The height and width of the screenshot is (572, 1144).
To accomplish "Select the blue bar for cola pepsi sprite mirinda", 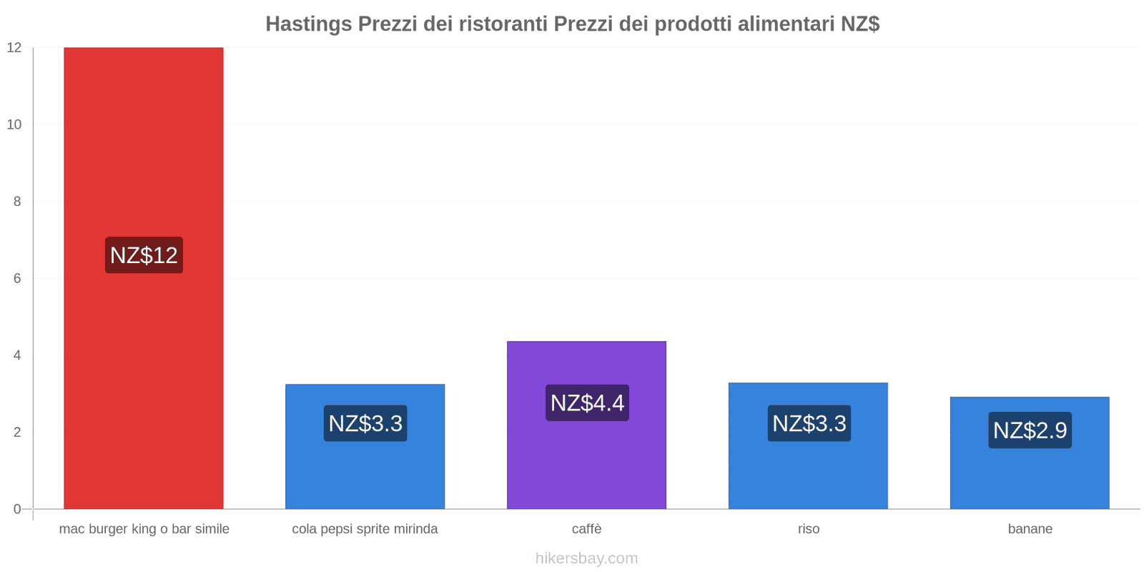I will [x=365, y=472].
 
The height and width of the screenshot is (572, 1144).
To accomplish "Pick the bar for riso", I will [x=808, y=472].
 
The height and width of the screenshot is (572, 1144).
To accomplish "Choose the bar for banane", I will [x=1030, y=475].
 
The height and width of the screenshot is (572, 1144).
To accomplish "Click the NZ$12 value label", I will [x=144, y=255].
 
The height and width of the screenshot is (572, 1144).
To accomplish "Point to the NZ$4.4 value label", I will [x=587, y=403].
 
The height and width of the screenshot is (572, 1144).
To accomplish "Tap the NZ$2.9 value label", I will [x=1030, y=430].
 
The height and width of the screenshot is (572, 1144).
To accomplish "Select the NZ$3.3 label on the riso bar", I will [x=809, y=423].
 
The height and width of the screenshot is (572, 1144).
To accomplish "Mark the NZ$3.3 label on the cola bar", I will [x=365, y=423].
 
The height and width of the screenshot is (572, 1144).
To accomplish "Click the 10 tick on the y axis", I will [x=14, y=124].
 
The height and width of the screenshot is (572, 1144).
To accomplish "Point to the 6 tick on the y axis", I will [x=17, y=278].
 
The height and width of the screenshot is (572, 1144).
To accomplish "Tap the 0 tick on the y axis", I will [x=17, y=509].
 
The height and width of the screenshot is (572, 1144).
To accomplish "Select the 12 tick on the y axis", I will [x=14, y=48].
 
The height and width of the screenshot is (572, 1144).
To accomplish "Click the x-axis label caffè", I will [x=586, y=529].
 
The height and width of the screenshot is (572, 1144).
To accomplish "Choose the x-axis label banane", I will [x=1030, y=529].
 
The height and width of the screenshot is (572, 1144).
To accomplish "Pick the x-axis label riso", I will [x=809, y=529].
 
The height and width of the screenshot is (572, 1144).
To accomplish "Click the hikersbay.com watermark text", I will [x=586, y=558].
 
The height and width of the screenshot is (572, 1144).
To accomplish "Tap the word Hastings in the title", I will [x=308, y=24].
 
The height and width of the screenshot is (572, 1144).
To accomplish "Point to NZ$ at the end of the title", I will [x=859, y=24].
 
